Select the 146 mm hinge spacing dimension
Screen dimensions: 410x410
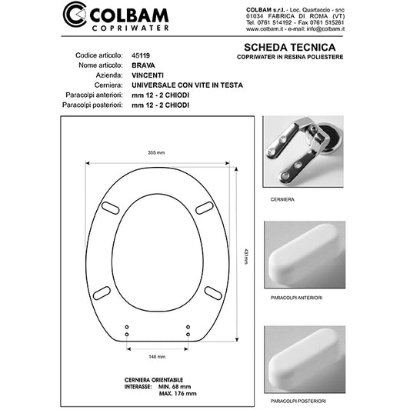pyautogui.click(x=157, y=358)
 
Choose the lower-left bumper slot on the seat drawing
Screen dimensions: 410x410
pyautogui.click(x=102, y=291)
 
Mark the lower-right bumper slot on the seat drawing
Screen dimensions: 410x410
pyautogui.click(x=214, y=291)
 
